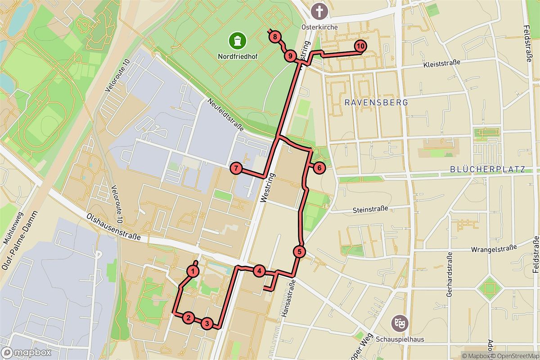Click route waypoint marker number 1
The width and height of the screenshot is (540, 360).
(193, 271)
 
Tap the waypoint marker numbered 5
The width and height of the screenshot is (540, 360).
(300, 252)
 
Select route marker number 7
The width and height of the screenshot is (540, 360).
(236, 169)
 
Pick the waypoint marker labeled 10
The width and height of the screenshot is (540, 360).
(360, 46)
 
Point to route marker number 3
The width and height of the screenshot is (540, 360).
(207, 323)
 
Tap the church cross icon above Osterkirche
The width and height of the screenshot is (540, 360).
(319, 10)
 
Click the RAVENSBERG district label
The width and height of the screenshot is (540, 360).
(376, 103)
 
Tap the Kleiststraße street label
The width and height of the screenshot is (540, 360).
(442, 63)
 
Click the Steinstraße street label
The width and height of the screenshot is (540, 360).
(370, 209)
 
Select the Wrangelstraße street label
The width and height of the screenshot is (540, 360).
(492, 249)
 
